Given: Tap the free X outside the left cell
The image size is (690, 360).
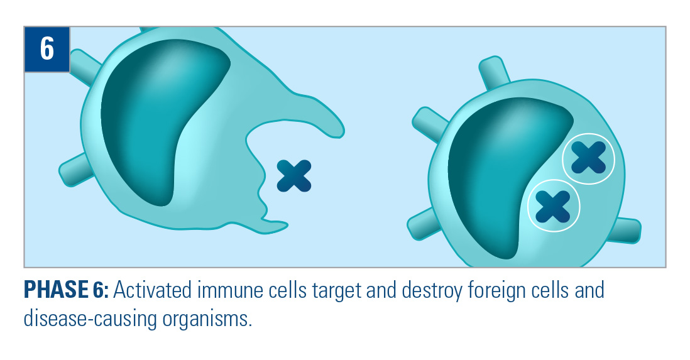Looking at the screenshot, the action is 294,176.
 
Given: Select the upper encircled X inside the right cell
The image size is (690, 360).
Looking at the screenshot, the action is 588,158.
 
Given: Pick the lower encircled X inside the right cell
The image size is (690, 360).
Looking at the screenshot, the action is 553,207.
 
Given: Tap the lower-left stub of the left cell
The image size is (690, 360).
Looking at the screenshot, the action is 75,170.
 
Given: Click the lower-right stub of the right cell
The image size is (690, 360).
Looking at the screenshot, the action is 625,230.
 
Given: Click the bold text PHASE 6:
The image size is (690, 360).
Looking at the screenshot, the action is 66,290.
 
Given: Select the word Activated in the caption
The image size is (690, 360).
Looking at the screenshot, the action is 152,290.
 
